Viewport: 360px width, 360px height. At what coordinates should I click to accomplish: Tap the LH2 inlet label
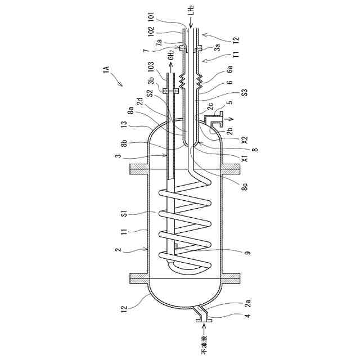tap(192, 10)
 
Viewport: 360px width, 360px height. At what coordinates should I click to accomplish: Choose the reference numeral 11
tap(124, 232)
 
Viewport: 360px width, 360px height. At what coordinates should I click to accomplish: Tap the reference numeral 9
tap(247, 253)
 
